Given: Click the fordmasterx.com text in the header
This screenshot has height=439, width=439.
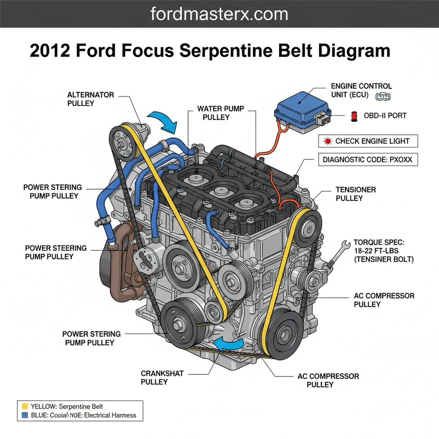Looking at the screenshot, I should (x=219, y=14).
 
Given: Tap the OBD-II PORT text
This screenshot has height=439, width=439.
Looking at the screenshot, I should (x=385, y=116).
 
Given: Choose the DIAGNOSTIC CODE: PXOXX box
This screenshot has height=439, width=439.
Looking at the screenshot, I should (x=367, y=160).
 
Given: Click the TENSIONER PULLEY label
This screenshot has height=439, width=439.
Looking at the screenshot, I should (x=356, y=194).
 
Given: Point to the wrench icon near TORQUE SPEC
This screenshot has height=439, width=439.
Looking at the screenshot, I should (x=343, y=246).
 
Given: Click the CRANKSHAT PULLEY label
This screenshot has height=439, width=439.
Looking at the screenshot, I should (x=162, y=378).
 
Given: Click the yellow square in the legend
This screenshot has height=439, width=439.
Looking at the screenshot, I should (x=25, y=407).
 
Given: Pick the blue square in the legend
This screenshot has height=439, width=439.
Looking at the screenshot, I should (x=25, y=415).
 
